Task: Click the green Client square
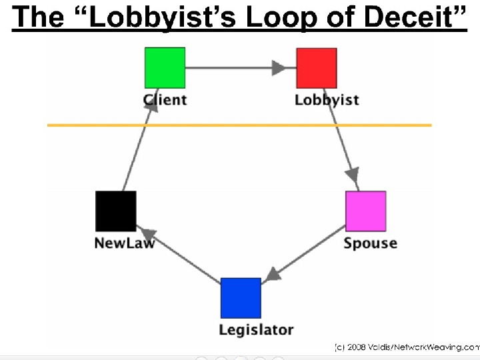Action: pos(165,67)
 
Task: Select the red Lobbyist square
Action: pos(317,67)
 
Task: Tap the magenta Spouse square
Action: pos(365,211)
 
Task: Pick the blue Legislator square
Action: pos(241,298)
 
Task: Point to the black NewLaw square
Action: pos(116,211)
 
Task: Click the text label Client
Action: pos(165,100)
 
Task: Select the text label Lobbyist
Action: pos(327,100)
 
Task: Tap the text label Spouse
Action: pos(370,243)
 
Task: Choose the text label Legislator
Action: pos(256,329)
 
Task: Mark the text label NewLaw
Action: pos(125,243)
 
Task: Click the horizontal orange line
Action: pos(240,125)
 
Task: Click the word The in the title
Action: pos(37,17)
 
